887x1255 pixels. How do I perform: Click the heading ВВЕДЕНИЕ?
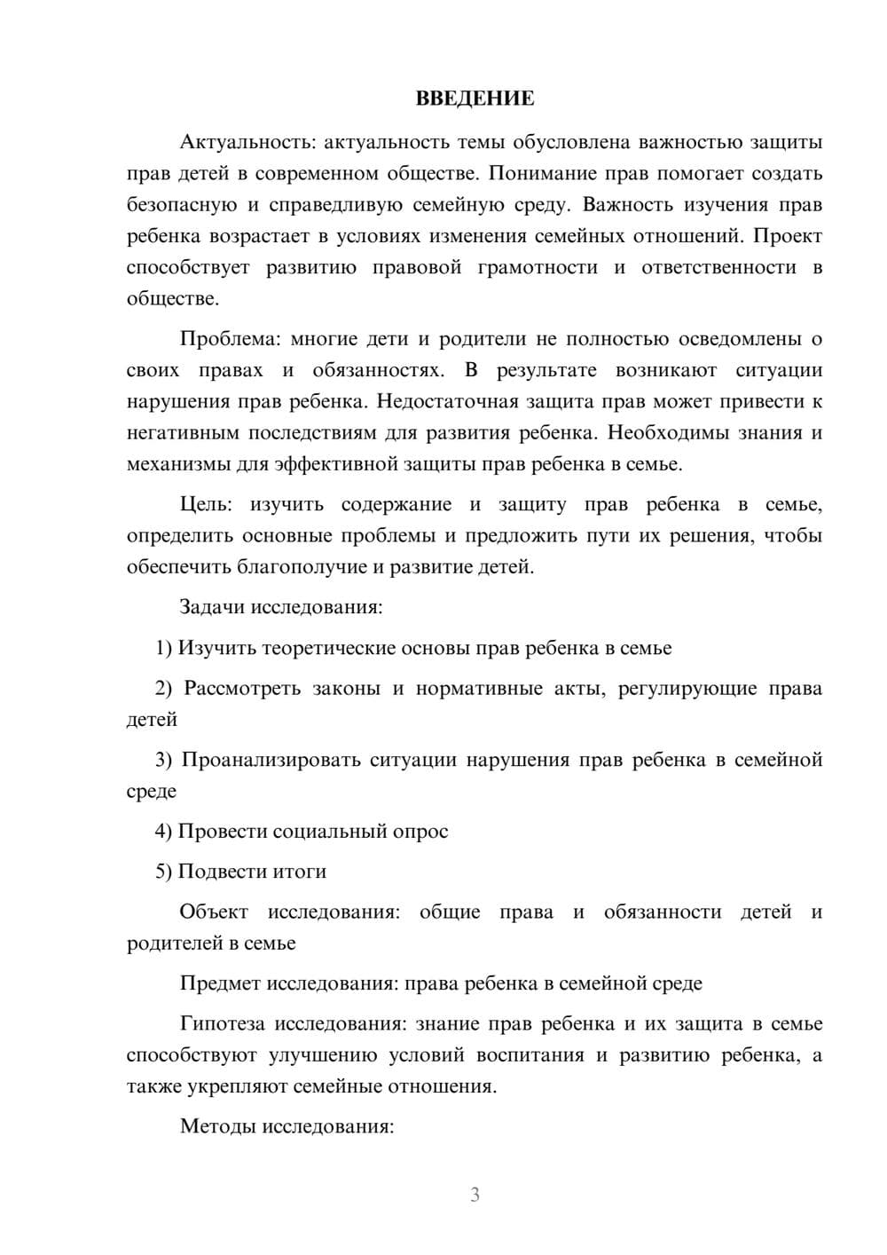pyautogui.click(x=475, y=99)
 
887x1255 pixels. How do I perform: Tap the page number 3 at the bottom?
pyautogui.click(x=475, y=1195)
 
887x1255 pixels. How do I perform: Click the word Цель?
pyautogui.click(x=206, y=505)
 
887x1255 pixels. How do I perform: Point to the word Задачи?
pyautogui.click(x=213, y=608)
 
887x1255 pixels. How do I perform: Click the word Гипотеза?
pyautogui.click(x=222, y=1024)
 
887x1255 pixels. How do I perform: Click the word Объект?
pyautogui.click(x=214, y=912)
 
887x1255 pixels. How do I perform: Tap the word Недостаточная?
pyautogui.click(x=447, y=401)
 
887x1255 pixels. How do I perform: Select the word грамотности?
pyautogui.click(x=538, y=267)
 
